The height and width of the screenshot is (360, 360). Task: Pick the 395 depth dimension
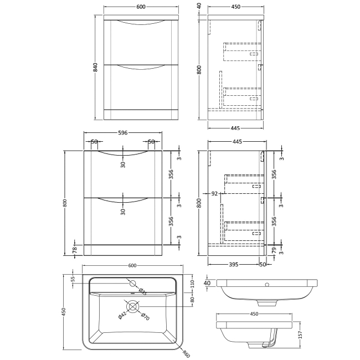pyautogui.click(x=234, y=265)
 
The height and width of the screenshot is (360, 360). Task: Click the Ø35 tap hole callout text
pyautogui.click(x=142, y=292)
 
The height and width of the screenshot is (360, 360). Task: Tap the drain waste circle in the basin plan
pyautogui.click(x=133, y=307)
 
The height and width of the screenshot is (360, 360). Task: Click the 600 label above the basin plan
pyautogui.click(x=132, y=266)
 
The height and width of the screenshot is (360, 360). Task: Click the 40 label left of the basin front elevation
pyautogui.click(x=207, y=283)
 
